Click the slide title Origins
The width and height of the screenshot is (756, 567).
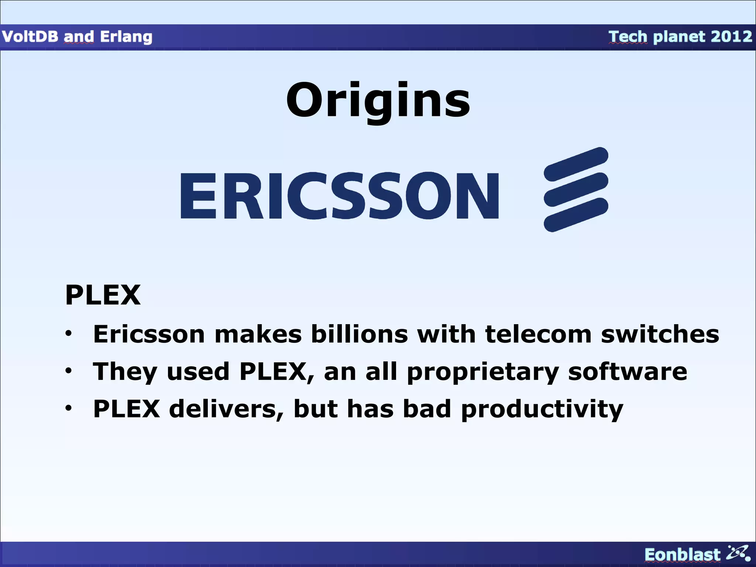[x=378, y=100]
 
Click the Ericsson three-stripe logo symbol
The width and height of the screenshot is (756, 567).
[x=576, y=189]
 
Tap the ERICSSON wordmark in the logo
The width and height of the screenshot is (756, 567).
[x=340, y=196]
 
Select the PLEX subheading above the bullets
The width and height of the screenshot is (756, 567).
[x=103, y=295]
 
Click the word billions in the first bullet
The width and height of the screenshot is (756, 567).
[x=360, y=334]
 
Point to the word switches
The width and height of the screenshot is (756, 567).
[x=660, y=334]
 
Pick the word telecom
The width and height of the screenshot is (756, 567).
[x=538, y=334]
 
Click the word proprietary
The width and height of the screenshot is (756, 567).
[x=483, y=372]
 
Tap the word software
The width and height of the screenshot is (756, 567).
[x=628, y=371]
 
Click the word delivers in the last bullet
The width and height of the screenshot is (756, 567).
[x=226, y=409]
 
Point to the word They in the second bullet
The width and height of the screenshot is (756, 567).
[x=125, y=372]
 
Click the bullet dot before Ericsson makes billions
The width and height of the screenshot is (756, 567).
[x=69, y=333]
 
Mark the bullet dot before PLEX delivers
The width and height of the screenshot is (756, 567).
[x=69, y=408]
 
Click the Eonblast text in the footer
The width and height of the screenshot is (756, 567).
[x=682, y=555]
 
